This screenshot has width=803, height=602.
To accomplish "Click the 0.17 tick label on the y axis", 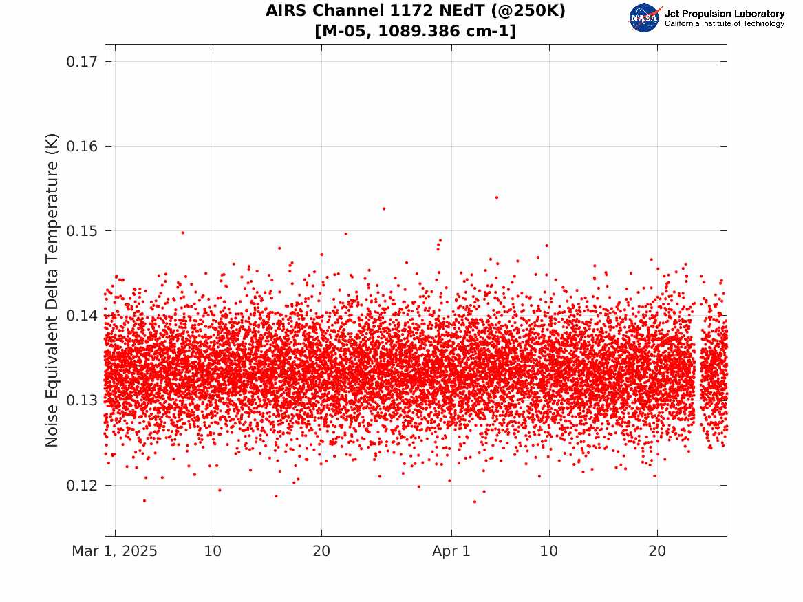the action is tap(81, 62).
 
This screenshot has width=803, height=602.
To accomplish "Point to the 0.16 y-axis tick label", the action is tap(81, 147).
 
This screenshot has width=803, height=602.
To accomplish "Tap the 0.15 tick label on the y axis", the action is tap(81, 231).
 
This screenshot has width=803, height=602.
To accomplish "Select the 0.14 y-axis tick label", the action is tap(81, 315).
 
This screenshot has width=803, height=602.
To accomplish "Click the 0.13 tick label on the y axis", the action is tap(81, 400).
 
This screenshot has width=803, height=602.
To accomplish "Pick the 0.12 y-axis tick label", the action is tap(81, 485).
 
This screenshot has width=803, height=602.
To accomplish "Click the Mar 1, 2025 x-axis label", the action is tap(114, 551).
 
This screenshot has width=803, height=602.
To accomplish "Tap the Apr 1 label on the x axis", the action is tap(451, 551).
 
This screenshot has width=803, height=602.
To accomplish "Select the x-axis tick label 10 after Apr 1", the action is tap(549, 551).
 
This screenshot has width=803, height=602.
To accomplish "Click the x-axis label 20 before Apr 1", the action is tap(321, 551).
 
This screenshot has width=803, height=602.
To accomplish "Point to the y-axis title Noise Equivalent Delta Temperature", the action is tap(52, 290).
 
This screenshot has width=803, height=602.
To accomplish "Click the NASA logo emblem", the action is tap(645, 18).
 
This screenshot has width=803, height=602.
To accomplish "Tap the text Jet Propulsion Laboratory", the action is tap(724, 14).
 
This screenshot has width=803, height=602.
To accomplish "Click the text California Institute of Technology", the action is tap(724, 23).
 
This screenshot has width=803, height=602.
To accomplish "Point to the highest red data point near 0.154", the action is tap(496, 197).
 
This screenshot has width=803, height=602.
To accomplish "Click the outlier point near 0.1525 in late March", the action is tap(383, 209).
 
